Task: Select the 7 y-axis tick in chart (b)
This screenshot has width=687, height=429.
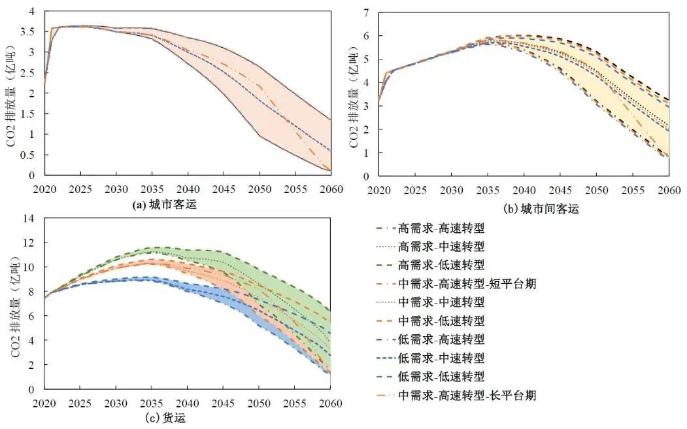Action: [367, 12]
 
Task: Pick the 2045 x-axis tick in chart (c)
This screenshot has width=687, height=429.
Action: [224, 403]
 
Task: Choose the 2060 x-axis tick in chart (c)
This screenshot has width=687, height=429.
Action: [330, 403]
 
